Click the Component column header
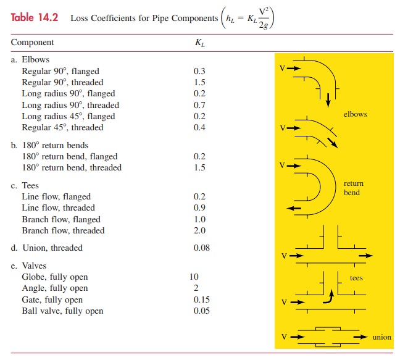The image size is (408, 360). point(32,43)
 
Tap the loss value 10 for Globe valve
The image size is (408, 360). point(194,277)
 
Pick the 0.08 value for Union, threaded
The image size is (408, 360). point(201,248)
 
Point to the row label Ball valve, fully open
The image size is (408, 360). point(62,311)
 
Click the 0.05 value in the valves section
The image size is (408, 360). point(201,311)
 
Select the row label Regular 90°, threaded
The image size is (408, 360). point(62,82)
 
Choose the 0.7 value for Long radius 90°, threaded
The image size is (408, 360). point(199,105)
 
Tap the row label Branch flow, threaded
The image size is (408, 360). point(63,230)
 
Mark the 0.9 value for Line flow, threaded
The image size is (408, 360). point(199,207)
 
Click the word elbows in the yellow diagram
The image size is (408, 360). point(356,114)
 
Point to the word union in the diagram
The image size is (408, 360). point(382,337)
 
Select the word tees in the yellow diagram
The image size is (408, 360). point(356,278)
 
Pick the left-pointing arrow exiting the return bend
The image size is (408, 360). point(294,208)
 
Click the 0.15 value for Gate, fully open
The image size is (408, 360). point(201,299)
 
